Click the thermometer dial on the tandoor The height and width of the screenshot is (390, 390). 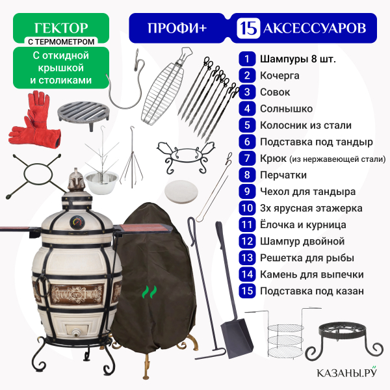click(x=77, y=222)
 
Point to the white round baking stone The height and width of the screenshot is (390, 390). click(x=181, y=192)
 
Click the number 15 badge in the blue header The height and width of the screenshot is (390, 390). click(x=248, y=28)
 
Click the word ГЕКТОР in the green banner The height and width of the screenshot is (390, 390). click(x=61, y=28)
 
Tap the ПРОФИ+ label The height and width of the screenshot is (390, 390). click(x=177, y=28)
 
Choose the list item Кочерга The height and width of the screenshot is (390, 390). click(x=279, y=75)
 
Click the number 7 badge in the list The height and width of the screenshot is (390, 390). click(x=247, y=159)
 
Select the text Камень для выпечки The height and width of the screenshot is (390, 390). click(x=311, y=274)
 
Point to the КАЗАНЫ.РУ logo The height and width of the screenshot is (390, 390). click(x=347, y=372)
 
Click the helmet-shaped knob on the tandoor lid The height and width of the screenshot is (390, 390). click(x=76, y=179)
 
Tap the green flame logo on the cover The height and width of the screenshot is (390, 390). click(x=149, y=292)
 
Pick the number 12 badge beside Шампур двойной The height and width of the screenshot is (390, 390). click(x=247, y=241)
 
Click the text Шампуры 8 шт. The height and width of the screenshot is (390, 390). click(x=298, y=59)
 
